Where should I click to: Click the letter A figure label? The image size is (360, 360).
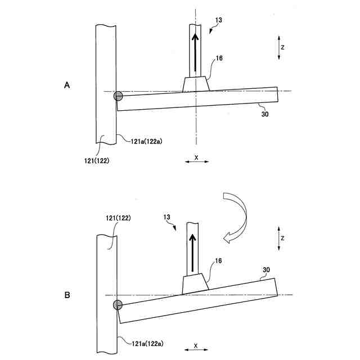coord(67,85)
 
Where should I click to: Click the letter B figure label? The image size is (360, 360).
coord(67,294)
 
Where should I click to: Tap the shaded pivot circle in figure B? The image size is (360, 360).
coord(118,305)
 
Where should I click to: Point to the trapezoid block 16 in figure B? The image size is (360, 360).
coord(194,285)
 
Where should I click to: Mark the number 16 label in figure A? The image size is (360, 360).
coord(220,57)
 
